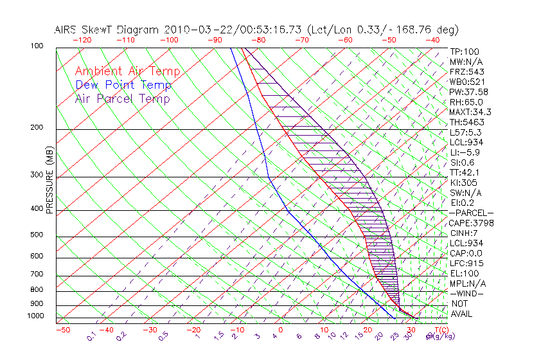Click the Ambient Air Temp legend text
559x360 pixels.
(127, 71)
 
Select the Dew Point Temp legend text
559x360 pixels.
(123, 85)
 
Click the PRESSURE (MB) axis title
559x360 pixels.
(49, 179)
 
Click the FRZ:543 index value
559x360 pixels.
(466, 72)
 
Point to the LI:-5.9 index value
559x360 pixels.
(464, 152)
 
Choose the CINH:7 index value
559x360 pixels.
(463, 233)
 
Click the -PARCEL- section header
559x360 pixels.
(471, 213)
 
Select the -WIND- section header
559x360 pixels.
(467, 293)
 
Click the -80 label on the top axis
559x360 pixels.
(259, 40)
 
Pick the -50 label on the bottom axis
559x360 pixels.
(62, 330)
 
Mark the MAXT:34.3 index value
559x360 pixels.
(470, 112)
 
